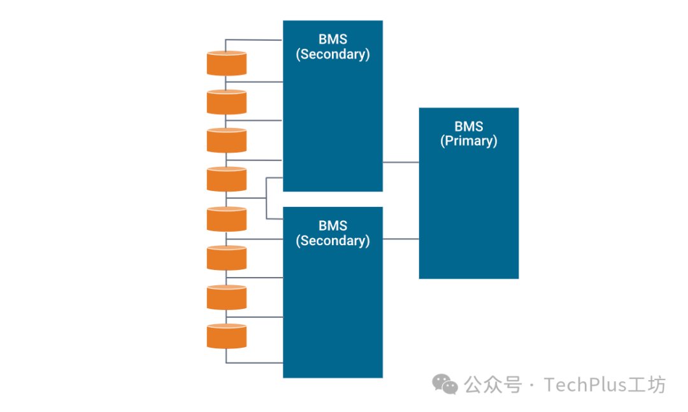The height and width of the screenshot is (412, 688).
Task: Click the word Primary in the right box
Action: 469,141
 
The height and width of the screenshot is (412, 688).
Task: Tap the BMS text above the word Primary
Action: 469,127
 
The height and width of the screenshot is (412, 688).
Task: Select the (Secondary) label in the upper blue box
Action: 333,54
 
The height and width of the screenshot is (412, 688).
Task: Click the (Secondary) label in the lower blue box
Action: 333,241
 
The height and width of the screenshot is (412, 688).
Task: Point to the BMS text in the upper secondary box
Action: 333,39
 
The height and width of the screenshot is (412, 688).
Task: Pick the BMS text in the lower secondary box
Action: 333,226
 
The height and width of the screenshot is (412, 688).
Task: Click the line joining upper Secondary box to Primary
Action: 401,162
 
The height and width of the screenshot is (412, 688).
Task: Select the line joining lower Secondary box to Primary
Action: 401,239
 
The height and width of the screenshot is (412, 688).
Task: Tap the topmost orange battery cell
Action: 226,64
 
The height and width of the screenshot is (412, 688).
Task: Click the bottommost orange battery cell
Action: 226,336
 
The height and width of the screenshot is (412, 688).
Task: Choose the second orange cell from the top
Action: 226,102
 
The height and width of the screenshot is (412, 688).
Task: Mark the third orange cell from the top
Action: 226,141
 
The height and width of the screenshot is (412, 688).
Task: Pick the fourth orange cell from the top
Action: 226,180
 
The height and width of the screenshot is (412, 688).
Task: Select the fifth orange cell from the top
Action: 226,219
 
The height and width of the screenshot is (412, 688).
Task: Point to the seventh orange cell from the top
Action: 226,297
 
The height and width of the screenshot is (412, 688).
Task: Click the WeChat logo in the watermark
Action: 445,384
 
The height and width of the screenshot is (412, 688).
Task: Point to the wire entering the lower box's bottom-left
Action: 255,363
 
